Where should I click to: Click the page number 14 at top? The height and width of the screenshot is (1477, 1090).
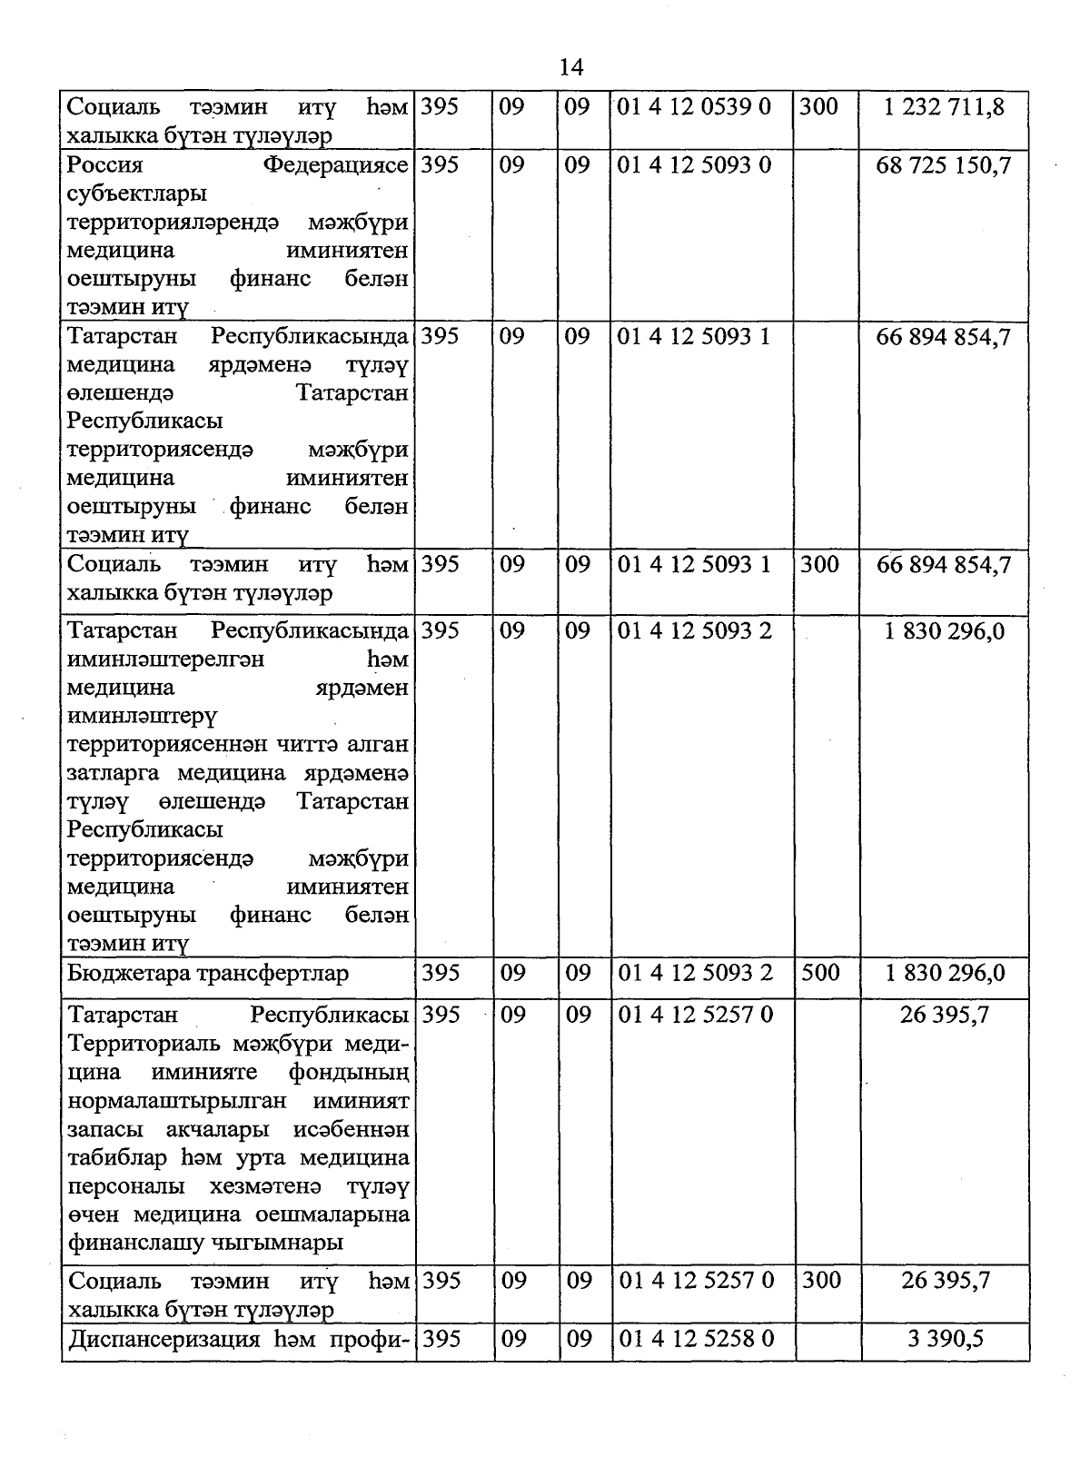571,67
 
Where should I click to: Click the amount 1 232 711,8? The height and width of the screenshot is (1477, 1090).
945,107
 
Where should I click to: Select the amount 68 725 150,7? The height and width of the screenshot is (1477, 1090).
944,165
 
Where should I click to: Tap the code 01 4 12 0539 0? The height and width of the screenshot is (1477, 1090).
694,107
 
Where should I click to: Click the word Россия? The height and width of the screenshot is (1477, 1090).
105,165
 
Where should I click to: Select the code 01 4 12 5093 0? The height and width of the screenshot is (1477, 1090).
694,165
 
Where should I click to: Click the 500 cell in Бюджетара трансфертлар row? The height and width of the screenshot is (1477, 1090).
820,973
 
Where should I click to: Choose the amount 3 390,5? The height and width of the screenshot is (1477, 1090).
945,1339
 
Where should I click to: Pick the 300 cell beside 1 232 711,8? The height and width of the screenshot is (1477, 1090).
819,107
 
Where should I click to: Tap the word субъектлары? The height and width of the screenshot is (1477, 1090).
136,193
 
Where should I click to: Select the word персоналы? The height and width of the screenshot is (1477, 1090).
125,1186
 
